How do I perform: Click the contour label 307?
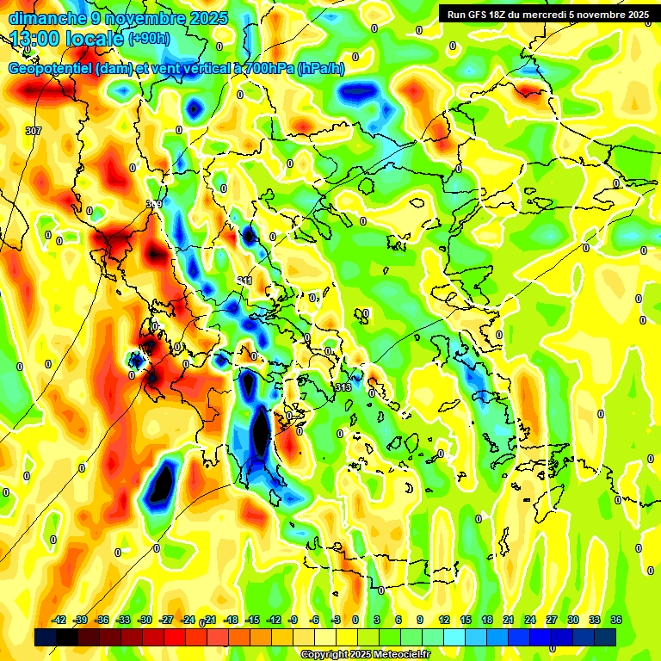34,131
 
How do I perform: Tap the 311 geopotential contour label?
245,281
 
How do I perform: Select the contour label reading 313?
343,388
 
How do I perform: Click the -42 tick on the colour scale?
59,620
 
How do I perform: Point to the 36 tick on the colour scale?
616,620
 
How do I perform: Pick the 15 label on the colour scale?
466,620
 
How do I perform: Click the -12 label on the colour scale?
274,620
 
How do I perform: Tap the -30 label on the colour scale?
145,620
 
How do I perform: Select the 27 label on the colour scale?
552,620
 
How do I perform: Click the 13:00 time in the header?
35,39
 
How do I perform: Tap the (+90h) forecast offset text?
149,39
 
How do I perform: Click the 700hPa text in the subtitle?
269,69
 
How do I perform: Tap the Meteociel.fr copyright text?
397,655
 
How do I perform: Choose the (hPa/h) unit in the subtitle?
320,69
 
